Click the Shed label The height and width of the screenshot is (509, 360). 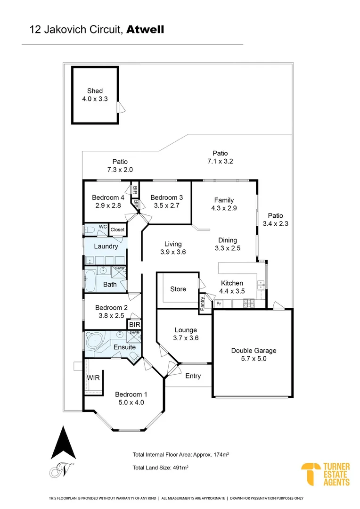coord(94,91)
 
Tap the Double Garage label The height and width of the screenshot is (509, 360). coord(254,351)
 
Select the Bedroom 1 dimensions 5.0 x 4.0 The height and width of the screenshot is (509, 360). coord(132,402)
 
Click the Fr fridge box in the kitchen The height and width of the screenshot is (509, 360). coord(219,304)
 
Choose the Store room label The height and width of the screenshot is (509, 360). coord(178,289)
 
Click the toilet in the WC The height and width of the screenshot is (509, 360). coord(90,230)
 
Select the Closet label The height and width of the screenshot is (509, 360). coord(117,230)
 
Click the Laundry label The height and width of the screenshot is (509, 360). coord(106,246)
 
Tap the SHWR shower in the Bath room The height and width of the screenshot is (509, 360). coord(118,271)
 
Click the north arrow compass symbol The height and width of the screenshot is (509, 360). coord(63,443)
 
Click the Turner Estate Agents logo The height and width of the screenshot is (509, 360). coord(326,475)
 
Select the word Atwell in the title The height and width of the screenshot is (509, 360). coord(145,30)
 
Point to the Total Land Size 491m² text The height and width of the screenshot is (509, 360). coord(161,467)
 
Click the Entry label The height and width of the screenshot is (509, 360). coord(193,376)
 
